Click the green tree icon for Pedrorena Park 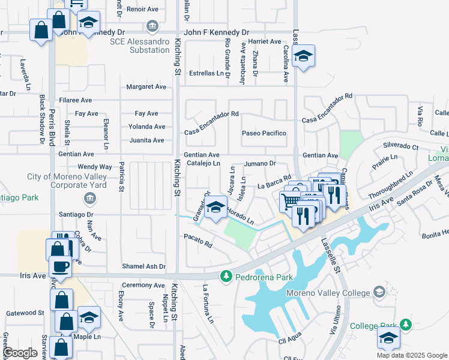pos(226,276)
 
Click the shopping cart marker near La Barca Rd pos(291,199)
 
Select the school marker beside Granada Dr pos(215,209)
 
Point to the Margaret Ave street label pos(146,87)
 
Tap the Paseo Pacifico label pos(264,133)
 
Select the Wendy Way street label pos(95,167)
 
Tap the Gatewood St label pos(25,313)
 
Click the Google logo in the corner pos(20,353)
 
